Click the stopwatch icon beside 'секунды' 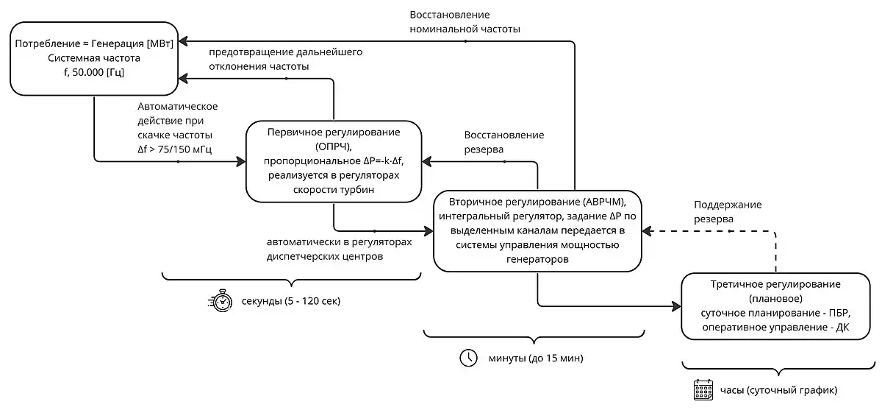click(220, 302)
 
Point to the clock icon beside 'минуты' click(468, 358)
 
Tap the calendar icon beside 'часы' click(703, 389)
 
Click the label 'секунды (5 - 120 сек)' click(291, 303)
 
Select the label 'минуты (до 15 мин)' click(536, 358)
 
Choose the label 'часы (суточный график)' click(779, 390)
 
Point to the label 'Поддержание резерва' click(727, 211)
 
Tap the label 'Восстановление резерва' click(503, 142)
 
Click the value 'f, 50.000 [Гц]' click(93, 71)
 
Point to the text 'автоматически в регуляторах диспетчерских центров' click(339, 250)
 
